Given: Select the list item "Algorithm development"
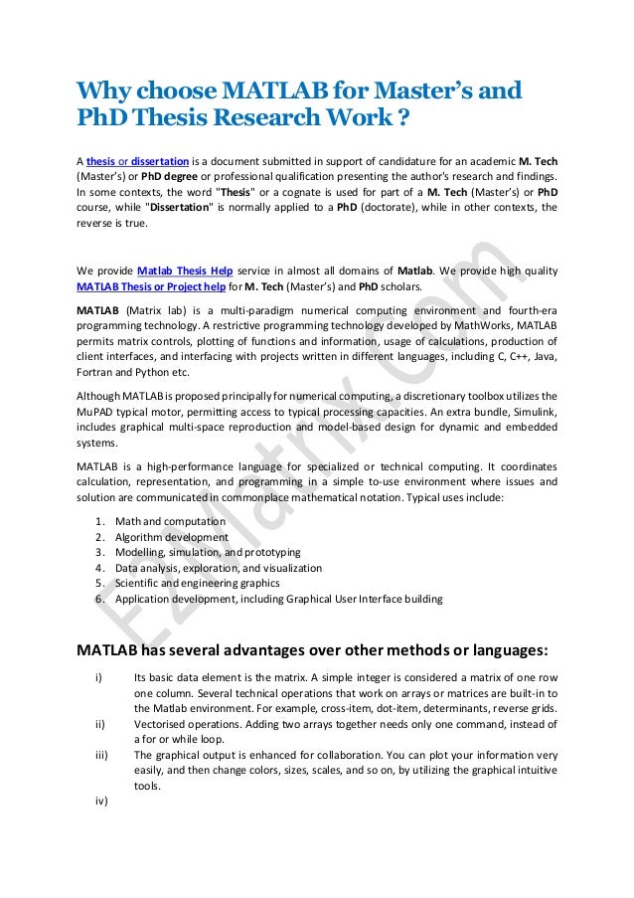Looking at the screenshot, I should point(171,537).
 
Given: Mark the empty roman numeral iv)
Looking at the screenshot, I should point(99,801).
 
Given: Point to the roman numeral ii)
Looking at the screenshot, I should point(99,724).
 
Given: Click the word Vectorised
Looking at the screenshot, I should point(162,724).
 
